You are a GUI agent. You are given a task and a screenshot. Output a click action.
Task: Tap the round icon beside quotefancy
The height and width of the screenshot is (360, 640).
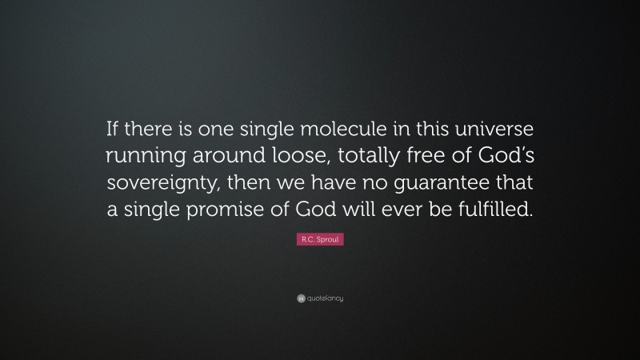(300, 298)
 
